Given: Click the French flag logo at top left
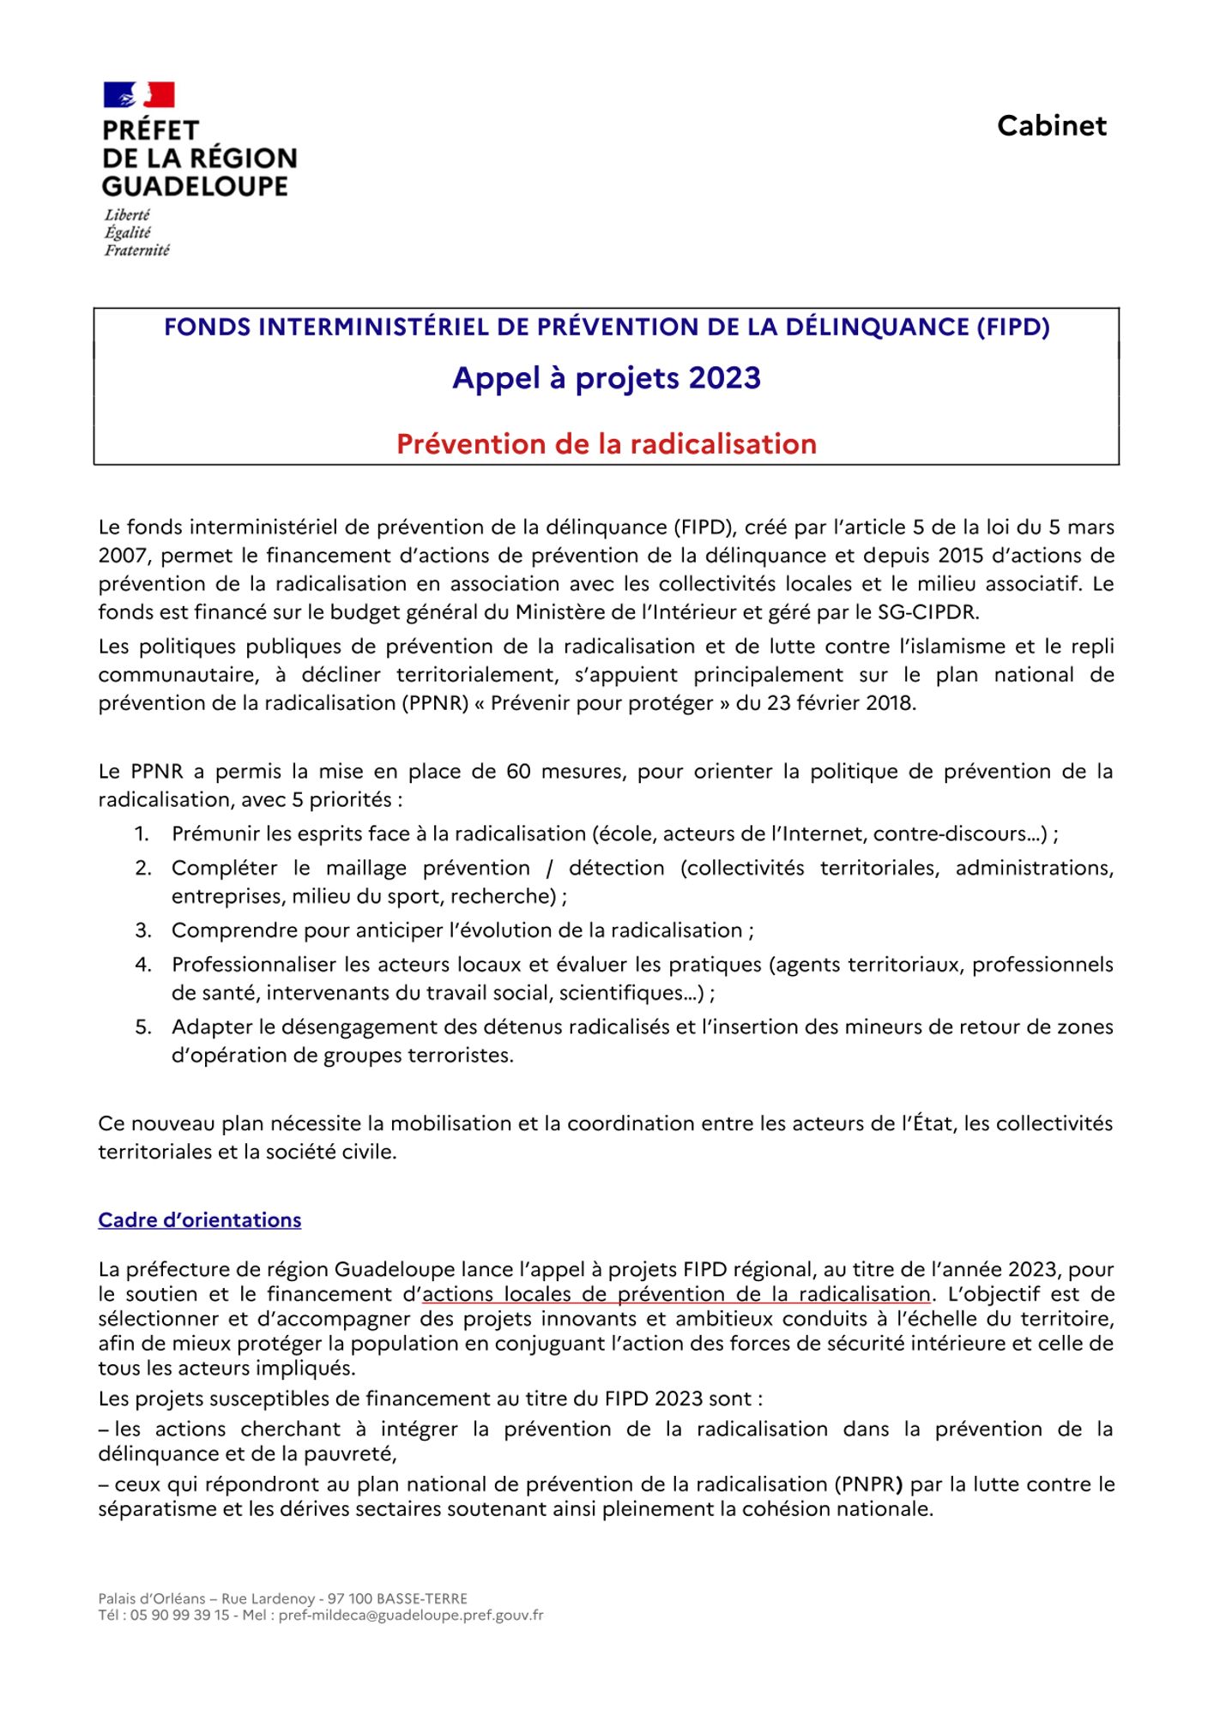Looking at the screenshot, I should point(139,95).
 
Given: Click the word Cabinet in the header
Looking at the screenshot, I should point(1051,126).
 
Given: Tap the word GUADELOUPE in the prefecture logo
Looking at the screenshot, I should point(195,186).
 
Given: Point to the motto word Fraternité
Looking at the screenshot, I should point(137,250).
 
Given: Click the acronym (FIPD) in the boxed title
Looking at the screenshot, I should point(1012,327).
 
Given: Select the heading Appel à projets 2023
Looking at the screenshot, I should point(607,378).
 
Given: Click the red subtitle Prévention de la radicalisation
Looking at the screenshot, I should point(607,444).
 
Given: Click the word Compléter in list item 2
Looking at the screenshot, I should point(224,868).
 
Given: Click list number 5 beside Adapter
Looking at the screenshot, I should point(143,1027).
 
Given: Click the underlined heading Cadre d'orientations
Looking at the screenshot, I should point(200,1220).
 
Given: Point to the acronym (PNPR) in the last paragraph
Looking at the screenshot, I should point(867,1484).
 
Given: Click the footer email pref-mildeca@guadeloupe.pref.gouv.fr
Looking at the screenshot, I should point(411,1616).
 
